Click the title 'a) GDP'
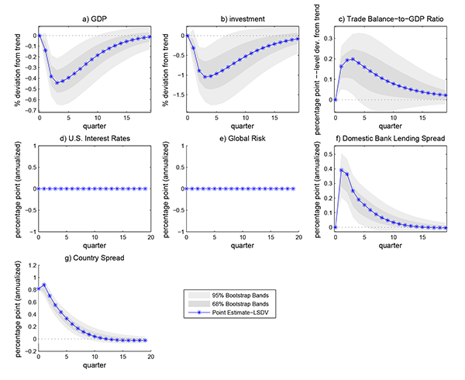tap(95, 17)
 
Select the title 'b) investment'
tap(243, 17)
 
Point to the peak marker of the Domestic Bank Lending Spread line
tap(341, 170)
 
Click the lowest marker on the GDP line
tap(57, 82)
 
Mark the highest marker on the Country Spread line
tap(44, 285)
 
